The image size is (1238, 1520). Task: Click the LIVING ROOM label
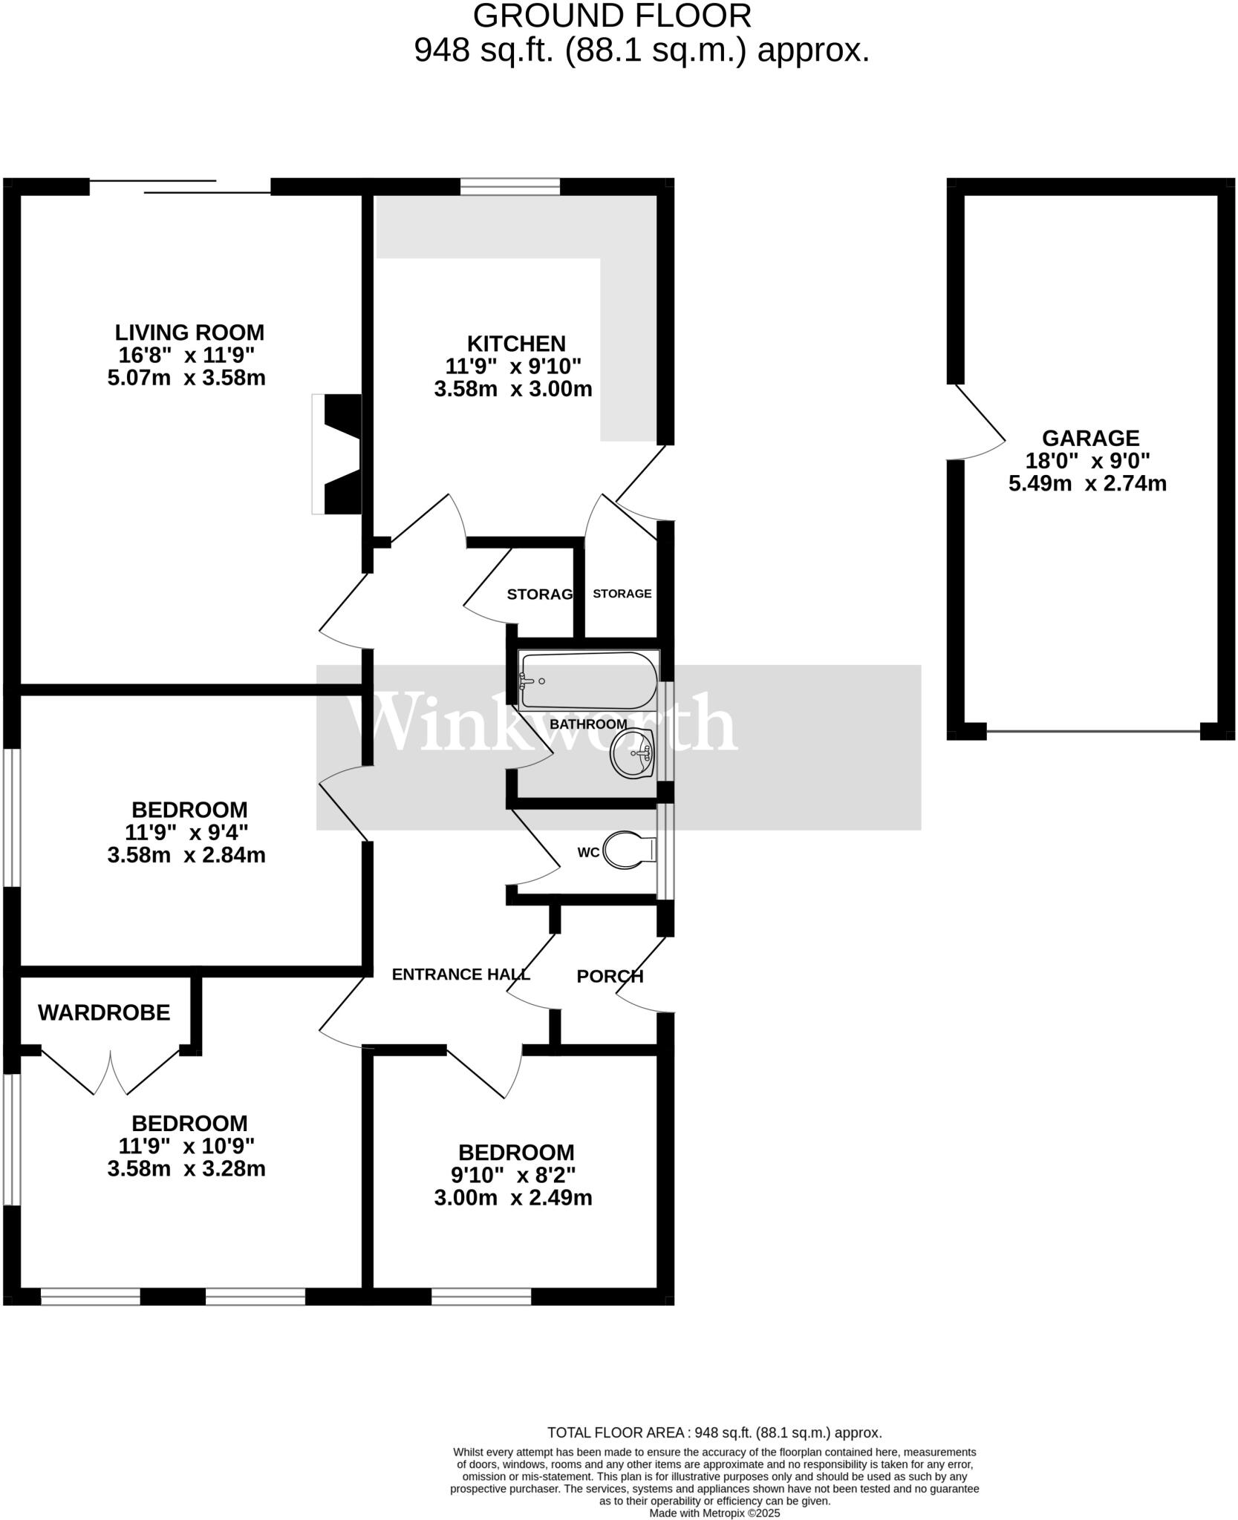189,332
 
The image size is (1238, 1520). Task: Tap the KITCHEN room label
516,344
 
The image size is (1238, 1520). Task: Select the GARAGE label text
1089,438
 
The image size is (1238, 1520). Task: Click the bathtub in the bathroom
588,681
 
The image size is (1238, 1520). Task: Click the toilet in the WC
628,850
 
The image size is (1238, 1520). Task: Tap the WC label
588,853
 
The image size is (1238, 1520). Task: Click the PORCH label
610,977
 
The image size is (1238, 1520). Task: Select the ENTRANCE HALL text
460,974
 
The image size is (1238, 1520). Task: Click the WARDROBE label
104,1012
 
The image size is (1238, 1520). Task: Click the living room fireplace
338,454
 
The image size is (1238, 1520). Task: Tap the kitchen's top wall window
509,186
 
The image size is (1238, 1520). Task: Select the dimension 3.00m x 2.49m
513,1198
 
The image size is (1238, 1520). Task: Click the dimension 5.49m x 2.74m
1087,484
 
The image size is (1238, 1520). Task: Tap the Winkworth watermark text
542,724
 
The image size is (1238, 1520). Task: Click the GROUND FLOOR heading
612,16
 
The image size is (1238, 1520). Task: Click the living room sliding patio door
180,186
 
